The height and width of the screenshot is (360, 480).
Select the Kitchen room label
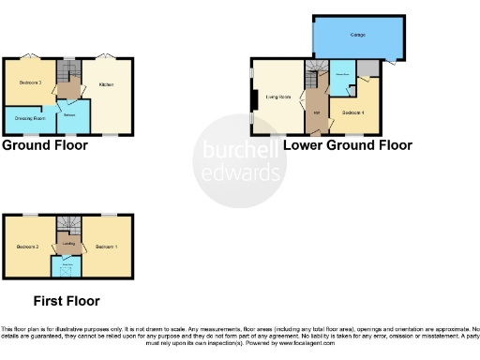(x=107, y=84)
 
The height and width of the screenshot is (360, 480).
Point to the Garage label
(x=357, y=35)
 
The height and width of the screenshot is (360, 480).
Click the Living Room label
(x=277, y=96)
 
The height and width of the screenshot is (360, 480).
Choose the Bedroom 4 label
(x=352, y=112)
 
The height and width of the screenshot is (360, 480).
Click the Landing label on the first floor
(x=68, y=244)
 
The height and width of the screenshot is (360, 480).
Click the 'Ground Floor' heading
(x=45, y=145)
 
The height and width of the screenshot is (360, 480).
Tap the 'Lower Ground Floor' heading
(x=347, y=145)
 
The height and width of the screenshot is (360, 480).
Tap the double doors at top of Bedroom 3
(x=28, y=56)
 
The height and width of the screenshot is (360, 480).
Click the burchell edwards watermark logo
(x=239, y=159)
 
